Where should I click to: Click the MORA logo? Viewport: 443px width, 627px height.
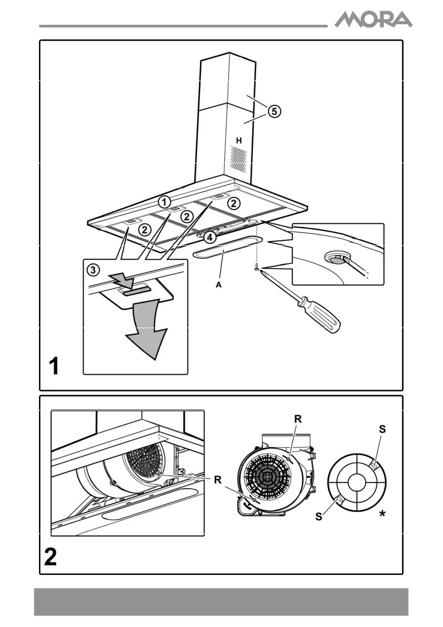(x=374, y=20)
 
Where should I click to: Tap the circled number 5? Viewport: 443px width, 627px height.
(x=273, y=112)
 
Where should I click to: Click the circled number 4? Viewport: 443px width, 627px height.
(x=211, y=236)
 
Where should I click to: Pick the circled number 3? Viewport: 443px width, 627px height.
(x=93, y=270)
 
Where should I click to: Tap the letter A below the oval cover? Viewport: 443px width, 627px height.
(x=219, y=285)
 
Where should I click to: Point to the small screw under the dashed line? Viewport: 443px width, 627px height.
(x=257, y=266)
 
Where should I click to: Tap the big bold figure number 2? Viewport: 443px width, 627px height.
(x=51, y=557)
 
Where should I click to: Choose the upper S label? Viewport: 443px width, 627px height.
(x=382, y=429)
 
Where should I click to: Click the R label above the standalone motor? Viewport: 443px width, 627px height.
(x=298, y=419)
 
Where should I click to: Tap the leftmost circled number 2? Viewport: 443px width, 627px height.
(x=145, y=230)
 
